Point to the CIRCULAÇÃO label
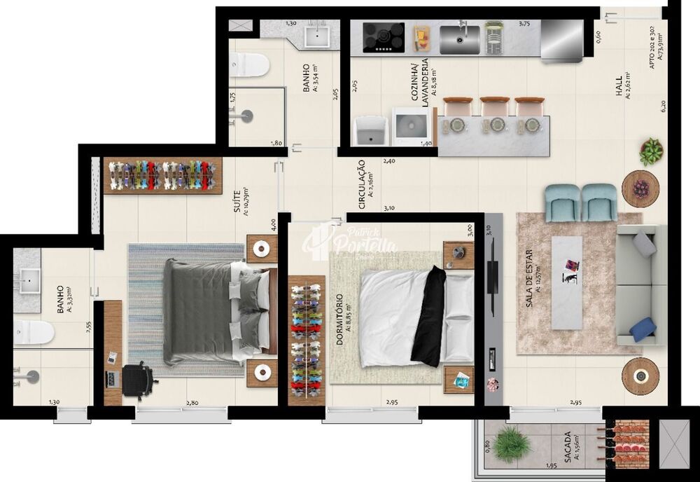point(362,184)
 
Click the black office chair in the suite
point(139,379)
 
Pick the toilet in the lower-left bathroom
point(34,332)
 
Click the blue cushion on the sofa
point(643,329)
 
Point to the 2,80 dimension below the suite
point(192,403)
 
